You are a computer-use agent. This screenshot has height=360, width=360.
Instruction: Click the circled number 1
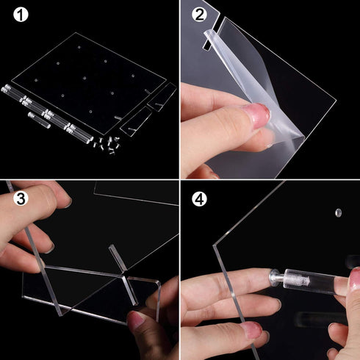pyautogui.click(x=21, y=15)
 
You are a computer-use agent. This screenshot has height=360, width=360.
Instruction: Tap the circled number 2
pyautogui.click(x=199, y=15)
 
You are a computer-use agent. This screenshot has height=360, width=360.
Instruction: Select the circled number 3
pyautogui.click(x=21, y=198)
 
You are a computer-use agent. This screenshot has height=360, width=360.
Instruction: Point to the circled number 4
pyautogui.click(x=199, y=198)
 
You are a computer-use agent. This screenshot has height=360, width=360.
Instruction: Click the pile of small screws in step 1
pyautogui.click(x=107, y=145)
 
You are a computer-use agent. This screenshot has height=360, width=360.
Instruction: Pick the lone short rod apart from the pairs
pyautogui.click(x=39, y=120)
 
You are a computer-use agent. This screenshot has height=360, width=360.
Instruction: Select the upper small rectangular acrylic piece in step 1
pyautogui.click(x=162, y=97)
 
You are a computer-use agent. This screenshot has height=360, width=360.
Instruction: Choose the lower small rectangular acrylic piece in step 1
pyautogui.click(x=135, y=122)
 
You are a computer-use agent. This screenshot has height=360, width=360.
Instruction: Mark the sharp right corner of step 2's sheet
pyautogui.click(x=336, y=100)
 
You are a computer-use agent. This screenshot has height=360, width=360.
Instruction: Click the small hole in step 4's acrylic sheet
pyautogui.click(x=338, y=212)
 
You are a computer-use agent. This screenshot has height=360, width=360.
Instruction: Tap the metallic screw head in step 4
pyautogui.click(x=276, y=278)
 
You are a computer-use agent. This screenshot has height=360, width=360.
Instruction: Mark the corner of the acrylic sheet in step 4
pyautogui.click(x=215, y=245)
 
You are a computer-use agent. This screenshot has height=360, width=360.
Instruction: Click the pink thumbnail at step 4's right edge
pyautogui.click(x=355, y=278)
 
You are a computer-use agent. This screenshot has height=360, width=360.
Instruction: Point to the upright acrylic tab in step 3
pyautogui.click(x=117, y=258)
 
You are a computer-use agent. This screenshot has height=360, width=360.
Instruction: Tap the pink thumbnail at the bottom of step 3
pyautogui.click(x=135, y=320)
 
